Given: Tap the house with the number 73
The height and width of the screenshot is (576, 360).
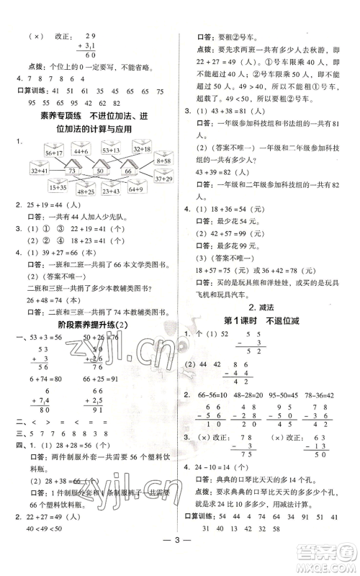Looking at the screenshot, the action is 71,172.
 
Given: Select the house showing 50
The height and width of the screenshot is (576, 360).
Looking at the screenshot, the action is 107,173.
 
